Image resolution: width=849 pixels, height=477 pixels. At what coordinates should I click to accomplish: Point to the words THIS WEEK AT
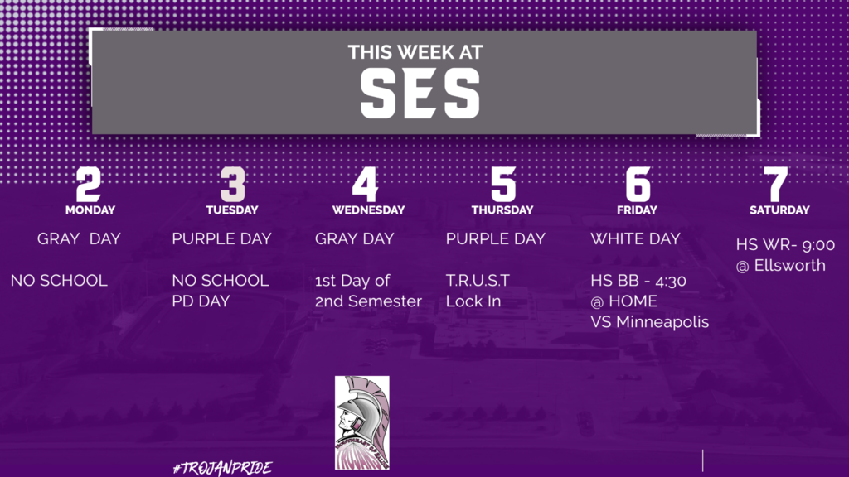point(415,52)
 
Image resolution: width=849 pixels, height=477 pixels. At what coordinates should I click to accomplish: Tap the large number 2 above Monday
point(88,184)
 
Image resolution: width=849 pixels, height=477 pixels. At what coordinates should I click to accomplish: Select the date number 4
point(365,184)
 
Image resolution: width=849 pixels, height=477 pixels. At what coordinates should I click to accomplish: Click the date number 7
point(775,184)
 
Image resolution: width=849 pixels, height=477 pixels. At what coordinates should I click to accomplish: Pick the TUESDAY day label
point(232,210)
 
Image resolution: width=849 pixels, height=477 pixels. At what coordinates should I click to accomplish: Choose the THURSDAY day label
point(502,210)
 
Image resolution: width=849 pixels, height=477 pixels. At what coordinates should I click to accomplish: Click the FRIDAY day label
point(637,210)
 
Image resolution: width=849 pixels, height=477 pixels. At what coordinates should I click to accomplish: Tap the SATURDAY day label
point(779,210)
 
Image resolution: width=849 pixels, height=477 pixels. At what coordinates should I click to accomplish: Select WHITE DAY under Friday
point(635,238)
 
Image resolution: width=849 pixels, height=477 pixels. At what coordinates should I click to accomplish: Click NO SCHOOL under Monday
point(59,280)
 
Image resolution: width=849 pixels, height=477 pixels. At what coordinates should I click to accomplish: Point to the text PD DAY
point(201,301)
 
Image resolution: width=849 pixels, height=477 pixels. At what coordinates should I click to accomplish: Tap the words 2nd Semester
point(368,301)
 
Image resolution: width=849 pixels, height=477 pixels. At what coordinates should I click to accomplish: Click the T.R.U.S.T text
point(478,280)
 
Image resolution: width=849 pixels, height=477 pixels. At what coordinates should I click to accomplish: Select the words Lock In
point(473,301)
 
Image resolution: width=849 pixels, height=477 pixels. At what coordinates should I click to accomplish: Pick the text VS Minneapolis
point(650,322)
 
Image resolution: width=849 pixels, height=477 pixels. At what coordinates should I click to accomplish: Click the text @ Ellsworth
point(781,266)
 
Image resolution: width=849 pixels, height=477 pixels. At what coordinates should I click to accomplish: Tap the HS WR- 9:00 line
point(785,245)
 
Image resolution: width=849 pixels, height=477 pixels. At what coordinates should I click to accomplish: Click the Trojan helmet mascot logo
point(362,423)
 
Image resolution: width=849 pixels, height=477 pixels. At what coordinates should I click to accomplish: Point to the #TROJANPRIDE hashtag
point(222,468)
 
